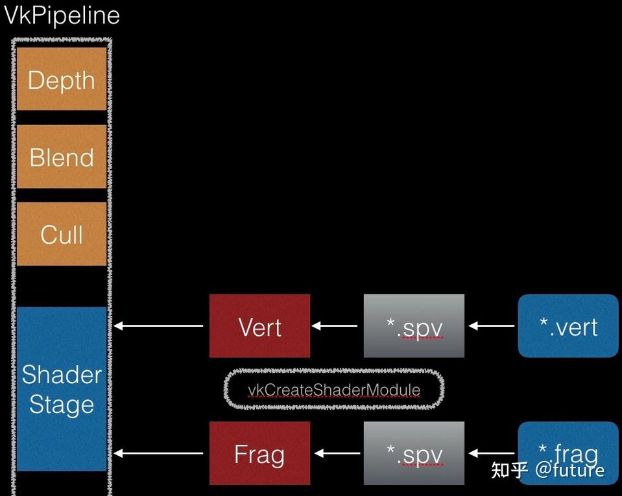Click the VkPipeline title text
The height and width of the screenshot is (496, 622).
(x=62, y=16)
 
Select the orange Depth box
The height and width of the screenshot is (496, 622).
(x=62, y=79)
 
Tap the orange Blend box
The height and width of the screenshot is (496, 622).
(x=62, y=157)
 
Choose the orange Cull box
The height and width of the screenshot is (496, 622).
(x=62, y=234)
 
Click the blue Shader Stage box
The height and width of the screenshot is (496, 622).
(x=62, y=388)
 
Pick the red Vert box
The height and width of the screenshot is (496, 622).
(x=259, y=326)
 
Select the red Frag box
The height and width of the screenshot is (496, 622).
(x=259, y=454)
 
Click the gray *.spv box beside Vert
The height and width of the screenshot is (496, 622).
(x=414, y=326)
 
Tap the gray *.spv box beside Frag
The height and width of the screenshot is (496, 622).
(x=414, y=454)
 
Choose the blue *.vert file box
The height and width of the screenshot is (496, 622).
(x=568, y=326)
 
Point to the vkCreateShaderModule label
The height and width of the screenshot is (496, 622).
(x=334, y=390)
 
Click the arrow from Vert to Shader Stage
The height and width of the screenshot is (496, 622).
(x=160, y=326)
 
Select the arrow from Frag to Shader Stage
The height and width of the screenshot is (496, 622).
(x=160, y=454)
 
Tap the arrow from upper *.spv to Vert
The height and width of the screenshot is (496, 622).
(x=336, y=326)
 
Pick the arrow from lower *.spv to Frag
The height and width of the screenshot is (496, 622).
(x=336, y=454)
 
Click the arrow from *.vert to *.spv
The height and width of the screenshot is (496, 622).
(x=491, y=326)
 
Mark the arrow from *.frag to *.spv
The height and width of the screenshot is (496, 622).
(x=491, y=454)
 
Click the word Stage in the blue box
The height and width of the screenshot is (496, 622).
(x=62, y=405)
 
